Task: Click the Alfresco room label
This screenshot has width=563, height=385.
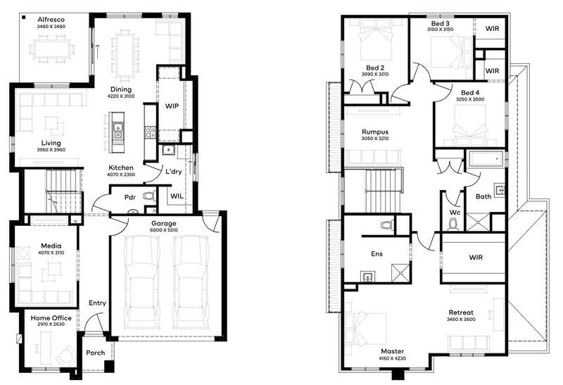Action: coord(51,20)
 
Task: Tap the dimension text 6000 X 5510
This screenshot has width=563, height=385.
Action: coord(164,230)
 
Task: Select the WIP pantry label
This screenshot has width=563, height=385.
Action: coord(172,106)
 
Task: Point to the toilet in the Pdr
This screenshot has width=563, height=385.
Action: coord(148,196)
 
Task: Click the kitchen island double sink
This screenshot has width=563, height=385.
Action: coord(118,131)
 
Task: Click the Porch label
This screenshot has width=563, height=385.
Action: coord(96,353)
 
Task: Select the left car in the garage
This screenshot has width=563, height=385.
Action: coord(141,282)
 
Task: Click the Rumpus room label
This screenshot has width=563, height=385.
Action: coord(375,132)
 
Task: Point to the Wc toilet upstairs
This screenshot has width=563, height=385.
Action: coord(453,224)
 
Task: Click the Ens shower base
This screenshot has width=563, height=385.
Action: coord(400,272)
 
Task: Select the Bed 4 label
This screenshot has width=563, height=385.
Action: coord(470,93)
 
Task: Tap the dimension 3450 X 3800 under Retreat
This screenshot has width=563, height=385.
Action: coord(461,320)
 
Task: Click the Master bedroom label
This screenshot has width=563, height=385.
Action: coord(393,351)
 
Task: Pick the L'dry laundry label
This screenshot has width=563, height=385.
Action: coord(173,172)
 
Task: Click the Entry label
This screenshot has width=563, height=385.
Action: coord(97,303)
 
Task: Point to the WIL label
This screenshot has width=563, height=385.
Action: coord(177,196)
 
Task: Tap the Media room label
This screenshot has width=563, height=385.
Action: coord(51,246)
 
